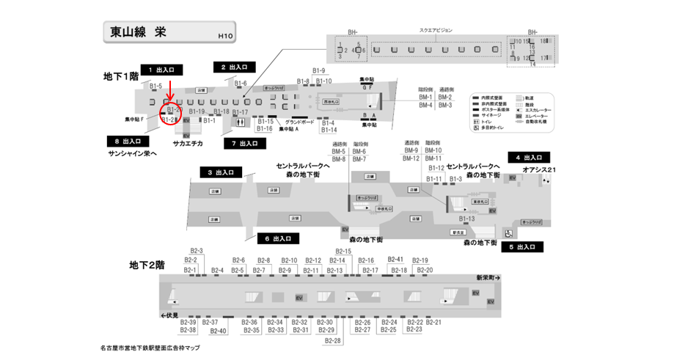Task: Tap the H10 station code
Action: pyautogui.click(x=225, y=36)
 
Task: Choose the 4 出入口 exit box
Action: pyautogui.click(x=529, y=158)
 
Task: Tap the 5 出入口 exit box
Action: pyautogui.click(x=521, y=247)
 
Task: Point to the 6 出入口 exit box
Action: pyautogui.click(x=276, y=238)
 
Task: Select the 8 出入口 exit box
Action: pyautogui.click(x=128, y=141)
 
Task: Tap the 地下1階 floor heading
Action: pyautogui.click(x=121, y=76)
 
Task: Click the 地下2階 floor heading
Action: pyautogui.click(x=147, y=265)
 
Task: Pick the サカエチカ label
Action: pyautogui.click(x=188, y=144)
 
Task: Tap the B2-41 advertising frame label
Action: pyautogui.click(x=395, y=260)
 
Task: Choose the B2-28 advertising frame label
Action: pyautogui.click(x=333, y=341)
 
